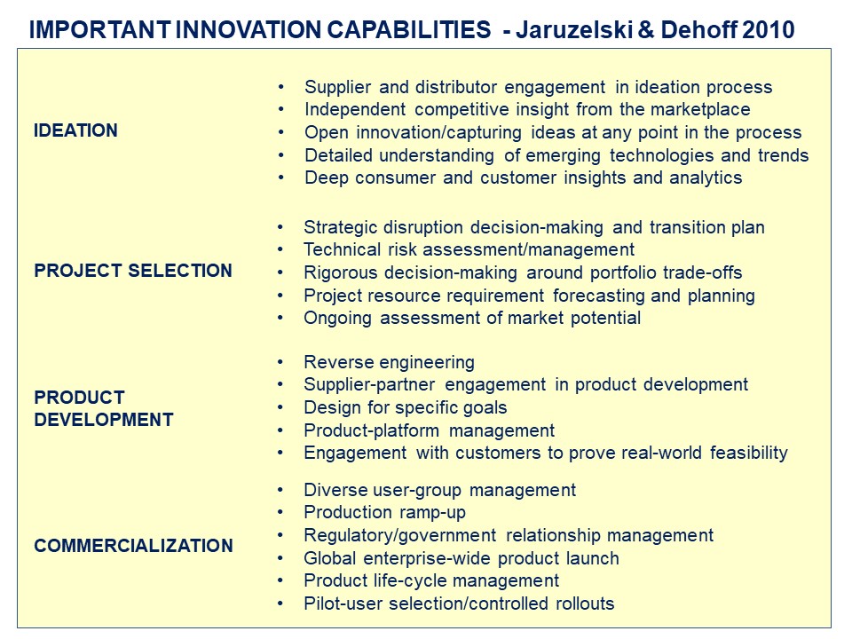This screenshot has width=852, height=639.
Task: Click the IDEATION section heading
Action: point(75,130)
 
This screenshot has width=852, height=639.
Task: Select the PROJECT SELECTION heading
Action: point(133,271)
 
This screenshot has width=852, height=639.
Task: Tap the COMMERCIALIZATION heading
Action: point(134,546)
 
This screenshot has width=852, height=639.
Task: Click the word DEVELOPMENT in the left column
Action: point(104,420)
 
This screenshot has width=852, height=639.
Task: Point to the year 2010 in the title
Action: point(769,29)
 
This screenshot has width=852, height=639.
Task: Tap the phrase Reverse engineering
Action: point(389,362)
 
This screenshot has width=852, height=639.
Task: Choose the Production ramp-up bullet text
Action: point(384,512)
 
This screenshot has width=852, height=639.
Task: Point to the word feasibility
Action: point(749,453)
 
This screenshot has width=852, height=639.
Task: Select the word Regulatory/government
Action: point(400,535)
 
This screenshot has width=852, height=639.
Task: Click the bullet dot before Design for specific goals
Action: point(280,407)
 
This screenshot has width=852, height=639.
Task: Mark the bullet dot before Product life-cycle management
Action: point(280,580)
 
